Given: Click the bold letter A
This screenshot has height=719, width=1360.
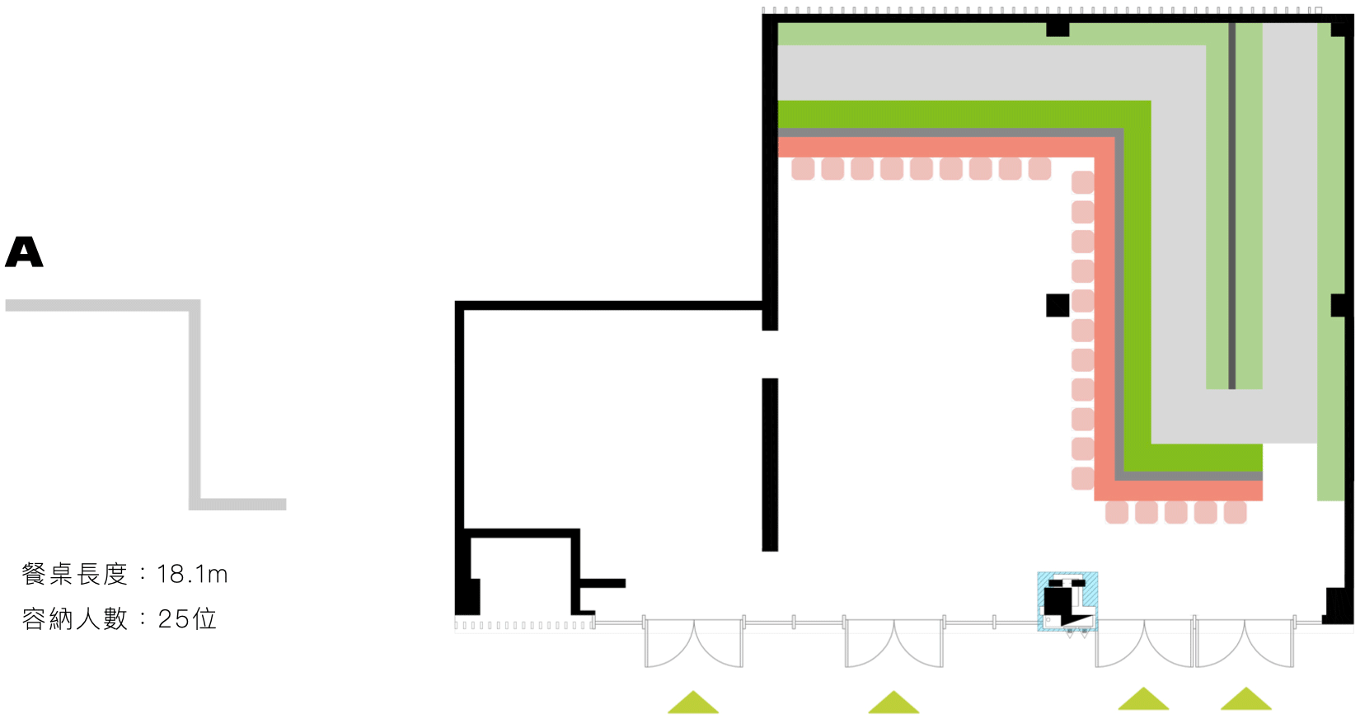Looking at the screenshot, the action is [24, 252].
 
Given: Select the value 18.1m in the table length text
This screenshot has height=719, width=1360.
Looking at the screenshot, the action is [192, 574].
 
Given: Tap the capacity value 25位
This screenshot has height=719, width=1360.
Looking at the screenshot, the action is [187, 618].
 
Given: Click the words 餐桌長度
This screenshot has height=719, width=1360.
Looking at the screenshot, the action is [75, 574].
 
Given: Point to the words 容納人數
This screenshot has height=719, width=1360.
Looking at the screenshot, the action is [75, 618].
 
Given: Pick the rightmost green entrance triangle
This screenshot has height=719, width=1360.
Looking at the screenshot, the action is [1246, 698].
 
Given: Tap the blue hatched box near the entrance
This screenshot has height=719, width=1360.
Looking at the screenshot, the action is [1067, 601].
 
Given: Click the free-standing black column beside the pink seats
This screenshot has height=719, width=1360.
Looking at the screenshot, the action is [1058, 305].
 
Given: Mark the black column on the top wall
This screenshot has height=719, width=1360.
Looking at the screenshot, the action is [1058, 29].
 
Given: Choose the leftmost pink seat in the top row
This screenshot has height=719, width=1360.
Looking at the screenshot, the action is [804, 169].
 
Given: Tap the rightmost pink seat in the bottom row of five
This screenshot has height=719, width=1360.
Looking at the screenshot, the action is [1235, 513].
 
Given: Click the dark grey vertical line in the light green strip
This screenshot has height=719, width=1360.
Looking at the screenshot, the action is [1232, 206].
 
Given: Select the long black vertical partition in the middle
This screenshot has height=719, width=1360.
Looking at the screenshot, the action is [770, 464].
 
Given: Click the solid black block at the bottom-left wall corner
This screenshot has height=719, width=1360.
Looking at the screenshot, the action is [467, 596].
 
